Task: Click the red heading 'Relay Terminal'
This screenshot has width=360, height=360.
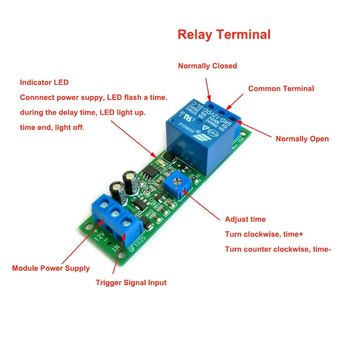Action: pyautogui.click(x=224, y=35)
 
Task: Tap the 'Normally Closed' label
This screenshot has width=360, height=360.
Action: pyautogui.click(x=207, y=66)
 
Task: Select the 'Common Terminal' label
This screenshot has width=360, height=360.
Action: pyautogui.click(x=281, y=89)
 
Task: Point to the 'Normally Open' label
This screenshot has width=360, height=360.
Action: pyautogui.click(x=302, y=139)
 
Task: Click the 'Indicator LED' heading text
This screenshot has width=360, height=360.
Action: pyautogui.click(x=44, y=83)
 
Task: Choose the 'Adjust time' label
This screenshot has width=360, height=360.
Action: pyautogui.click(x=245, y=220)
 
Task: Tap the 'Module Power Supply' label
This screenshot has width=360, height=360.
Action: pyautogui.click(x=51, y=268)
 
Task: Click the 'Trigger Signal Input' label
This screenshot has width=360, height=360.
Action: pyautogui.click(x=131, y=283)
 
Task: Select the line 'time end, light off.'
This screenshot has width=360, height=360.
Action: pyautogui.click(x=52, y=127)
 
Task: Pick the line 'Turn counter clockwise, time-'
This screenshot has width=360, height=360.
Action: pyautogui.click(x=278, y=249)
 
